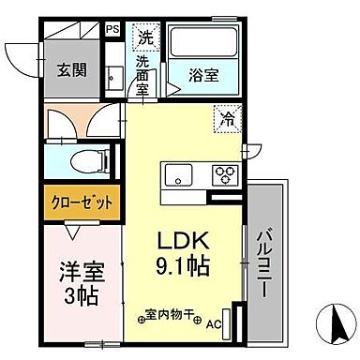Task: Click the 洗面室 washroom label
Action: (x=143, y=75)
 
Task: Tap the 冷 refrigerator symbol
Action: (x=228, y=119)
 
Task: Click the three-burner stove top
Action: (x=226, y=174)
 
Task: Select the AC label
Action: (x=213, y=324)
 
